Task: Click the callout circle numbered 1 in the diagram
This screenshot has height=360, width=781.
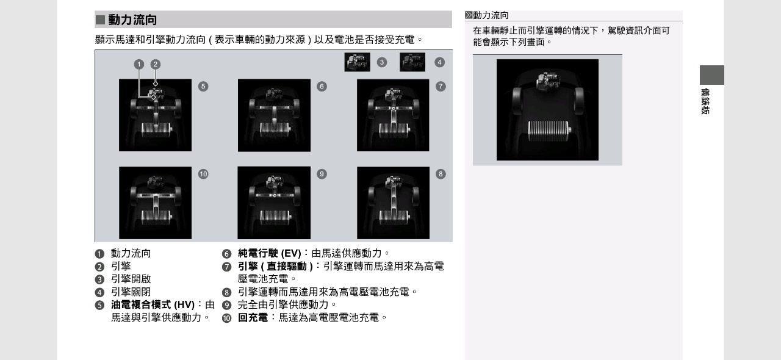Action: pos(139,64)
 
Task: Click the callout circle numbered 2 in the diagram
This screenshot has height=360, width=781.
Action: pos(156,64)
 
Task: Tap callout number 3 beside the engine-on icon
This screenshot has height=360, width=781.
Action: pos(382,62)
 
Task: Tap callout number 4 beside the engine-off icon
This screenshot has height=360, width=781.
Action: pos(439,62)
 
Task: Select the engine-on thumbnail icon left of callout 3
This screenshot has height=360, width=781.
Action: pos(357,62)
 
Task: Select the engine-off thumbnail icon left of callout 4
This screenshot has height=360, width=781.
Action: pos(412,62)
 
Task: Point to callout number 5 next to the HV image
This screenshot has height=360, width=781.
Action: pos(203,87)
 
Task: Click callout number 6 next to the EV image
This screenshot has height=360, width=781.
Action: pos(322,87)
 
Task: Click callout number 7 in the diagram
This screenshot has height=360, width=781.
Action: pos(441,87)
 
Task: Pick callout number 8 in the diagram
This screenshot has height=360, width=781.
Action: pos(441,174)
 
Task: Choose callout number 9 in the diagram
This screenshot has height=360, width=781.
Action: pos(322,174)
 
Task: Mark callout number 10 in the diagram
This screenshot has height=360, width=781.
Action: pos(203,174)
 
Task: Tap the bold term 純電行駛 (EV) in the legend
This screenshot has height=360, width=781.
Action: pos(270,253)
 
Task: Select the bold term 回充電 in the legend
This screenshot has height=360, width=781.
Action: pos(253,318)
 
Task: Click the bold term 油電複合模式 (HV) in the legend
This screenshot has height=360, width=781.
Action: pos(153,305)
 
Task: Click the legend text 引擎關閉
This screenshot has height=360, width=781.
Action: pos(131,292)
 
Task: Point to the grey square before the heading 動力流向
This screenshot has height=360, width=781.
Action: pos(101,20)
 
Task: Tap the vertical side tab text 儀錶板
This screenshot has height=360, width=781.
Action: pos(705,101)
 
